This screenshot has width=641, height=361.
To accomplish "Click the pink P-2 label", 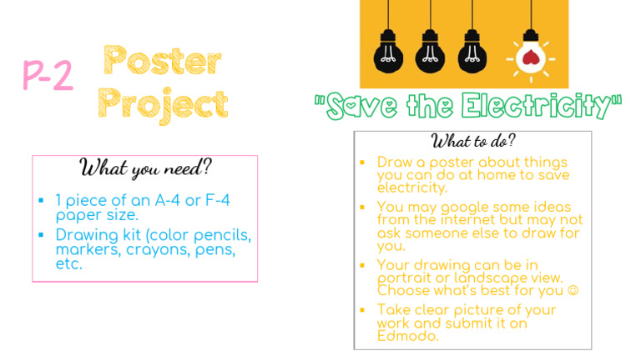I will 48,76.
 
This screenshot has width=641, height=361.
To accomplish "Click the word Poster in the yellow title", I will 164,61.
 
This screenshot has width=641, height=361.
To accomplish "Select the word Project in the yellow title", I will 164,104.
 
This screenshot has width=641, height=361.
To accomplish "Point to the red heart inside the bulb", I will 527,57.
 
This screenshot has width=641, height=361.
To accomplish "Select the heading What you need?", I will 145,168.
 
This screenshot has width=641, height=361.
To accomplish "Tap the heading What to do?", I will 473,139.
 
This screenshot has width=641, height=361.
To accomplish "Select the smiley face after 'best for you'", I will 573,291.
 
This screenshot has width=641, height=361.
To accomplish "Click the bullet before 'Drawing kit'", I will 41,235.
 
